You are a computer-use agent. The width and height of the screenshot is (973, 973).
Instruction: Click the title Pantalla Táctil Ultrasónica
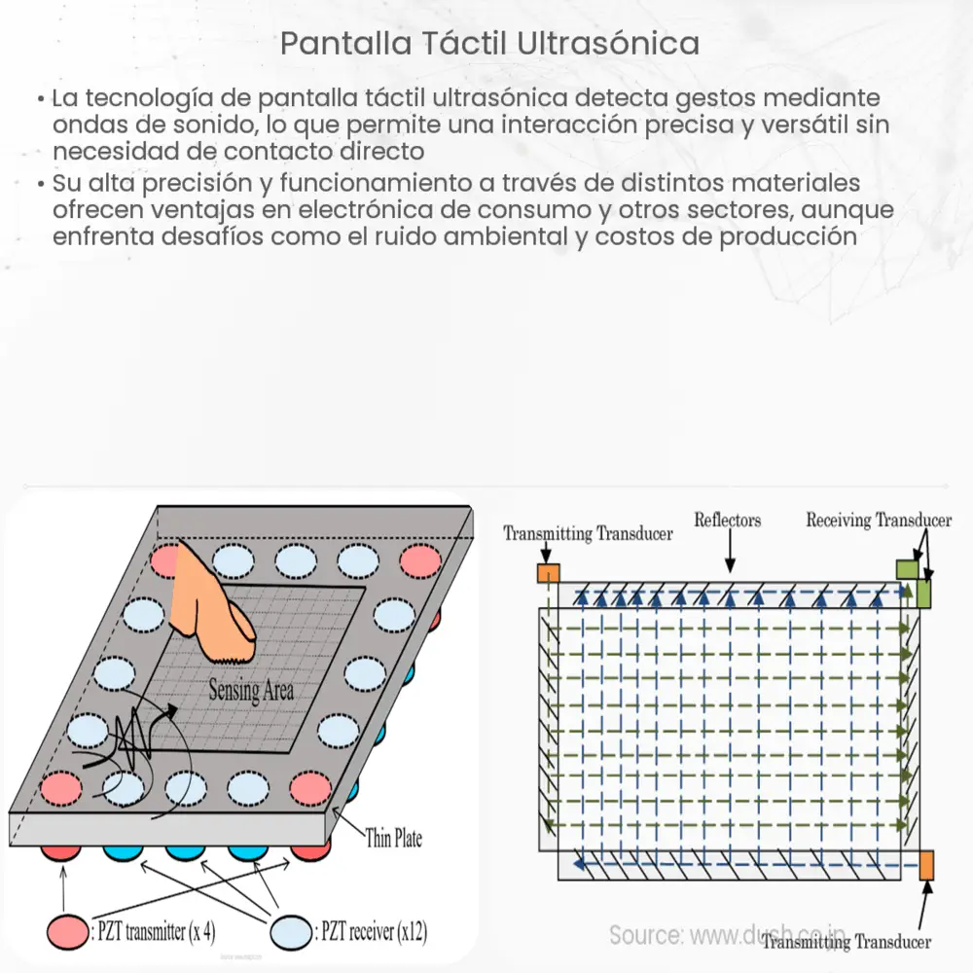pyautogui.click(x=488, y=44)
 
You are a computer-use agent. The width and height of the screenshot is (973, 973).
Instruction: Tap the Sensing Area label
pyautogui.click(x=251, y=692)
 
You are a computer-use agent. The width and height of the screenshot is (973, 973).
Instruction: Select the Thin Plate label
pyautogui.click(x=394, y=838)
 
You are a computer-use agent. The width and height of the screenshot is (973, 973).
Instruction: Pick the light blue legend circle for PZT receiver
pyautogui.click(x=295, y=930)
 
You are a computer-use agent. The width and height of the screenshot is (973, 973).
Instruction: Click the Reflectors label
pyautogui.click(x=727, y=521)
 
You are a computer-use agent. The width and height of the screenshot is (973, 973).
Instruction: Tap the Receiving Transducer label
pyautogui.click(x=879, y=521)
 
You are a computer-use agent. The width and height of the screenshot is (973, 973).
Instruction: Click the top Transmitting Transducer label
pyautogui.click(x=588, y=534)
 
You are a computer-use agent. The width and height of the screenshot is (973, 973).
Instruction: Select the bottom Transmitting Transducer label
pyautogui.click(x=847, y=941)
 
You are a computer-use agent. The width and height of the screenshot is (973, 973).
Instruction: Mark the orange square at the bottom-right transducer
pyautogui.click(x=925, y=864)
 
